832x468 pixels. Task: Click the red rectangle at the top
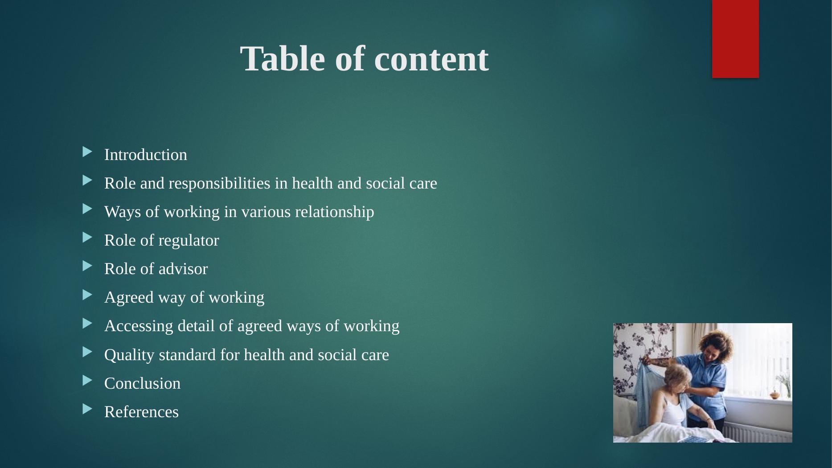(x=735, y=39)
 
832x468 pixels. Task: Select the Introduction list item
(x=146, y=155)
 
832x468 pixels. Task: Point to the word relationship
(x=334, y=212)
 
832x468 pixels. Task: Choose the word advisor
(x=183, y=269)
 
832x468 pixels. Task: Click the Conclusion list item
(x=142, y=384)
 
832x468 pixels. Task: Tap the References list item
(x=141, y=412)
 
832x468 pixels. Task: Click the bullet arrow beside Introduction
(x=87, y=152)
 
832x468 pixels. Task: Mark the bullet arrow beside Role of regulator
(x=87, y=238)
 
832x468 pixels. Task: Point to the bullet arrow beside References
(x=87, y=410)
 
